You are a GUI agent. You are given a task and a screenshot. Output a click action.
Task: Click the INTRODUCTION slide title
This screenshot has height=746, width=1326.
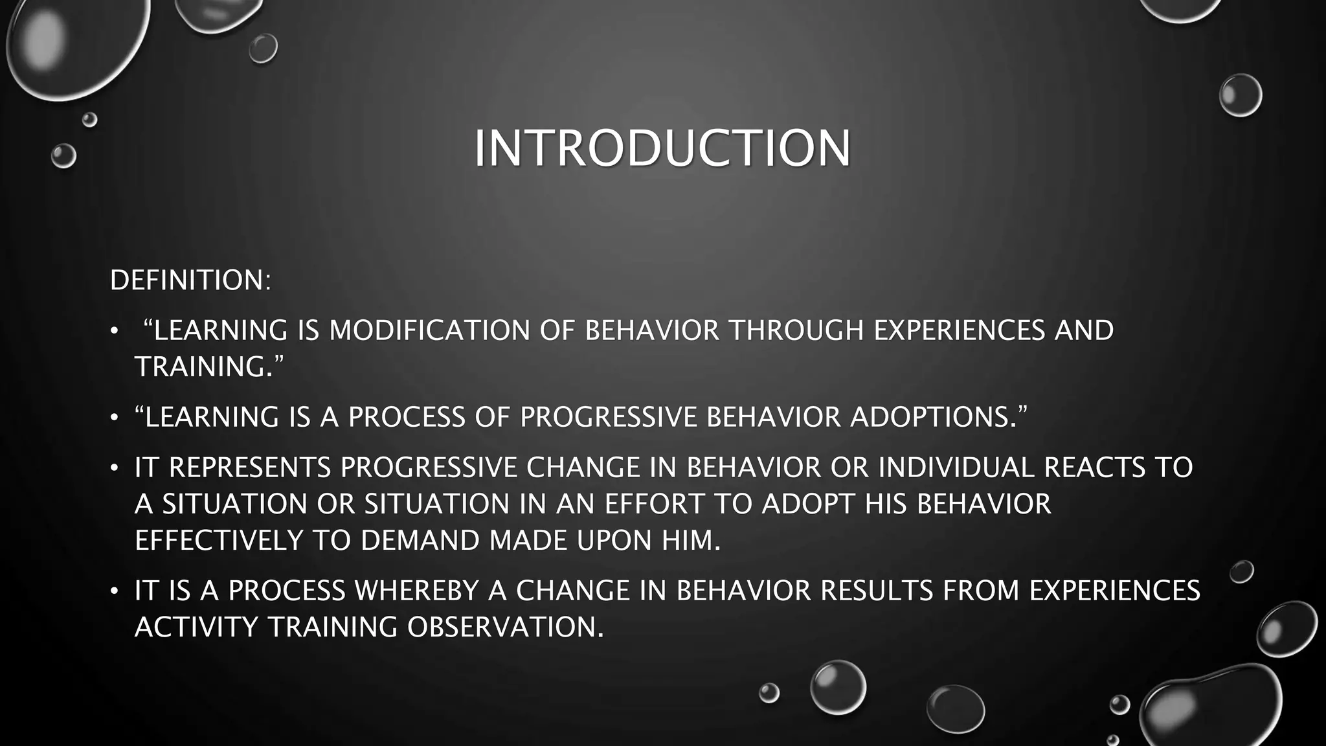pos(662,149)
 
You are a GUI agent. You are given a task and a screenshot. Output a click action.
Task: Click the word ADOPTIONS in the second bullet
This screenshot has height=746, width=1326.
pos(933,417)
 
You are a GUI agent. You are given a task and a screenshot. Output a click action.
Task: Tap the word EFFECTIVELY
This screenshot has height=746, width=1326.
pos(219,540)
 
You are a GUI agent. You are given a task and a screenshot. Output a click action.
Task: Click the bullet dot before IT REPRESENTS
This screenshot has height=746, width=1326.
pos(114,468)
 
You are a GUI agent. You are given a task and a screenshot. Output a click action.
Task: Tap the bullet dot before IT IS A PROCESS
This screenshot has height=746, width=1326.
pos(114,591)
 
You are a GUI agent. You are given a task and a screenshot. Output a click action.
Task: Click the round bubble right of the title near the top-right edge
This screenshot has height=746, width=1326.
pos(1240,95)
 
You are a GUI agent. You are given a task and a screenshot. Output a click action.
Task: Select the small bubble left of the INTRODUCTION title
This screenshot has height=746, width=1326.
pos(63,156)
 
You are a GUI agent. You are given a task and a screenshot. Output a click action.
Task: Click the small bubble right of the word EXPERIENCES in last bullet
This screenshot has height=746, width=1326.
pos(1241,571)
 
